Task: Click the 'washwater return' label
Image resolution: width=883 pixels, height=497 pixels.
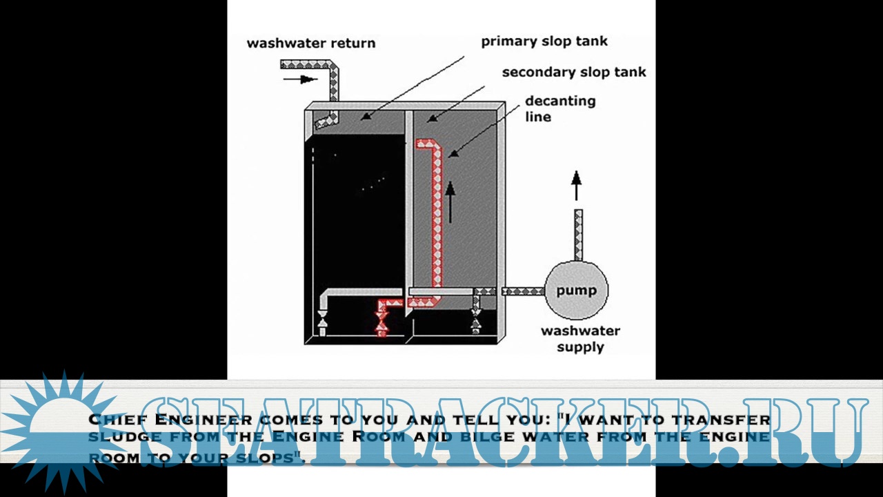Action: (311, 43)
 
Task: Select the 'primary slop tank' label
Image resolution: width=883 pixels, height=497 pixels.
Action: (544, 41)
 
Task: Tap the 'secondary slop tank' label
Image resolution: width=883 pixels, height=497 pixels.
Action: (574, 72)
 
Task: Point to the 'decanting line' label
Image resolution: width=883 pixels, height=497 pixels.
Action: (559, 108)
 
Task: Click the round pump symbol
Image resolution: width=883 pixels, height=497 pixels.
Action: (576, 291)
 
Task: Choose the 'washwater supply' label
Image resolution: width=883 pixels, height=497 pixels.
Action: (580, 338)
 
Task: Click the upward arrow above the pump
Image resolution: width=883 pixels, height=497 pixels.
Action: (576, 186)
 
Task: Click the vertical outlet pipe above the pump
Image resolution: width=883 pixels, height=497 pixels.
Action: (578, 235)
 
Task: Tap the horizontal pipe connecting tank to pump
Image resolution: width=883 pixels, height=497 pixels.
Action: (523, 291)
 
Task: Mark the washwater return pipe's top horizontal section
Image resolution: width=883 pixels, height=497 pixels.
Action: (307, 65)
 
